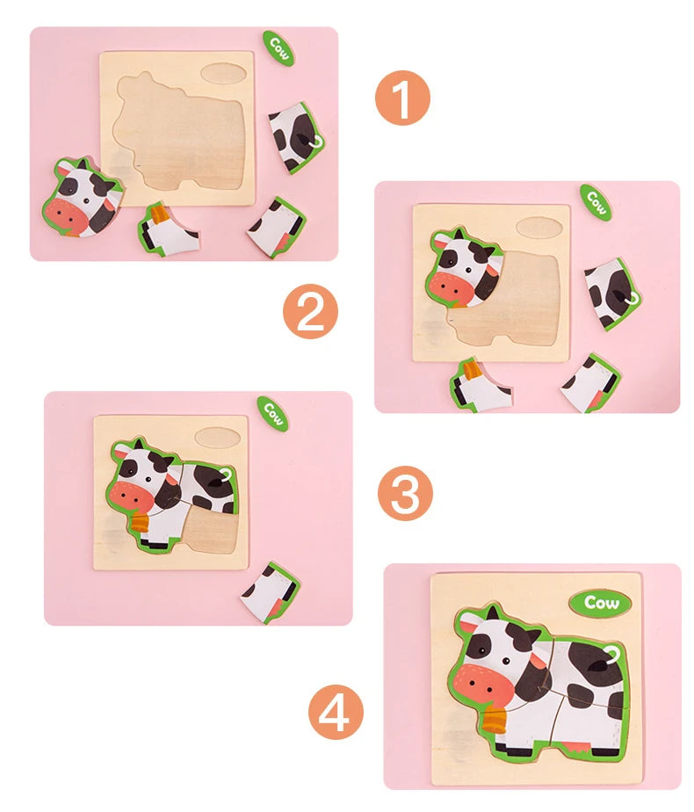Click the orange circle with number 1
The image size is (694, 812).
pos(402,98)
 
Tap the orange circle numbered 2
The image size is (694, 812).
pos(310,313)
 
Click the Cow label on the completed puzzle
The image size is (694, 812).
pos(600,603)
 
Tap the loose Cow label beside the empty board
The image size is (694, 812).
pos(278,47)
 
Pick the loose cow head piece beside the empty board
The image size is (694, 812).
pos(82,197)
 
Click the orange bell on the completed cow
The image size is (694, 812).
pos(495,720)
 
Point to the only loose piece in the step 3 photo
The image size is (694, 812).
pos(271,592)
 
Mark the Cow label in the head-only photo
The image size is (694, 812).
pos(595,201)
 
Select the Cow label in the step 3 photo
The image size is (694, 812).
pos(272,413)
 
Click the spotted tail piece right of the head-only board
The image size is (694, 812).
pos(611,292)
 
